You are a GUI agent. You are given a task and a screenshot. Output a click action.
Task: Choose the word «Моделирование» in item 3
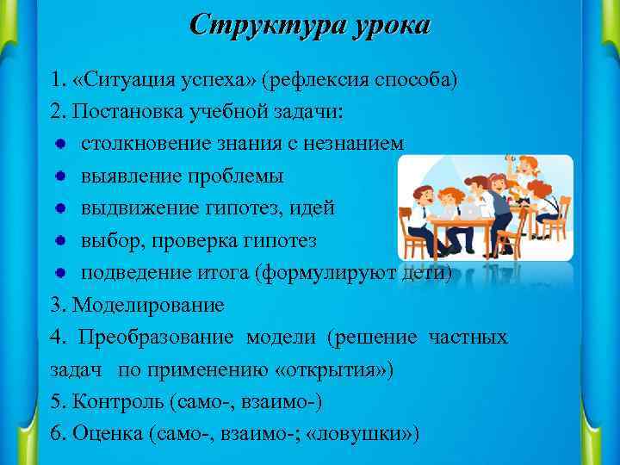pos(148,305)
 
